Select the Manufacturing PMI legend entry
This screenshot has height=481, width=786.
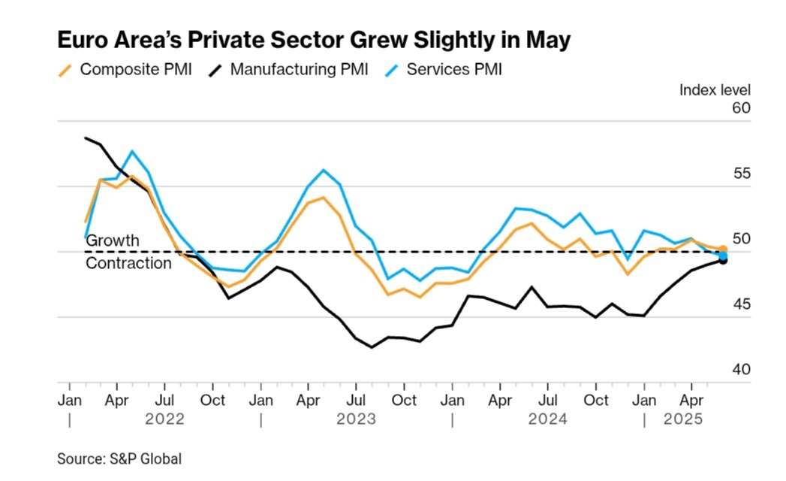288,70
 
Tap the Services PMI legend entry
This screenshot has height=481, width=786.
444,70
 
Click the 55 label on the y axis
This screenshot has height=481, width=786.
740,174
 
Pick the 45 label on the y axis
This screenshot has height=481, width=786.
740,304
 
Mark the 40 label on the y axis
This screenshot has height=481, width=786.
740,370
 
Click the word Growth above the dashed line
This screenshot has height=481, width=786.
113,240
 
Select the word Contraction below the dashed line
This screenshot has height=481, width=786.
128,263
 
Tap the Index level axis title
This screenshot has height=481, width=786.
715,90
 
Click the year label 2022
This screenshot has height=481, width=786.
166,419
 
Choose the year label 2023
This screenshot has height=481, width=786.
357,419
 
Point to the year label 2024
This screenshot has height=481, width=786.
547,419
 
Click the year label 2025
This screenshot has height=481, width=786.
683,419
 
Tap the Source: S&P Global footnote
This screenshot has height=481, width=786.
119,458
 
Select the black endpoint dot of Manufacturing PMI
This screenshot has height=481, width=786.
723,261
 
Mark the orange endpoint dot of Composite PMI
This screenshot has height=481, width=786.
723,249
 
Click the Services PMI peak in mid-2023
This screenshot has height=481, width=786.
324,170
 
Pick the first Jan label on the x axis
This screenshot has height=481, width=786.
70,400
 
